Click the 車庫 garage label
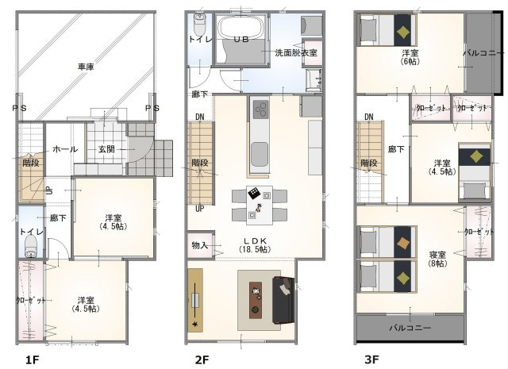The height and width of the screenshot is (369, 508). [86, 67]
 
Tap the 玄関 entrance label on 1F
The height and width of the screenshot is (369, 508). [106, 149]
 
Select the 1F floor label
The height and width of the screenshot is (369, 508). [33, 359]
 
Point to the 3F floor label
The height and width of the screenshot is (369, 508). [371, 359]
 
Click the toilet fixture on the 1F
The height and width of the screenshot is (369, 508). [31, 246]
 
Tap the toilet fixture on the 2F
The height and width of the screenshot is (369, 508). [199, 24]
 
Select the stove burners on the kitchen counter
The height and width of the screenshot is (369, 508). [260, 110]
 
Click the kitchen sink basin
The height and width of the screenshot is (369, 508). [260, 154]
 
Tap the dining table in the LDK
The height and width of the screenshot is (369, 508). [260, 205]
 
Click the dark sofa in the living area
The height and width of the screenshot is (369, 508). [283, 300]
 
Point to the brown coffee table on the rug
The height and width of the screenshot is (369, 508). [256, 300]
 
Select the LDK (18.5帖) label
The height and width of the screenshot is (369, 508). [255, 245]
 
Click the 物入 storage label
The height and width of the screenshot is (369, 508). [199, 245]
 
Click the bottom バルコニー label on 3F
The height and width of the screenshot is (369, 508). [410, 328]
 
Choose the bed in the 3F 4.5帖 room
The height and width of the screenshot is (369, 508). [475, 171]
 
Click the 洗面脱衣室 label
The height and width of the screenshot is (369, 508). [296, 52]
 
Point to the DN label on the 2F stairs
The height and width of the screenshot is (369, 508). [200, 117]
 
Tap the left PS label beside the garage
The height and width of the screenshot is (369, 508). [19, 108]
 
